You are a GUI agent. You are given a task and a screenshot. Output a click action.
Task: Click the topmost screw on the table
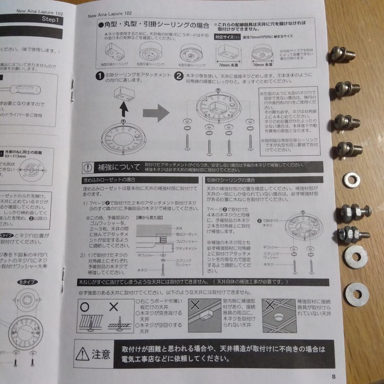tap(342, 55)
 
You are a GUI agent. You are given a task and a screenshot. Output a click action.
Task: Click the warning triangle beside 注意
tap(83, 353)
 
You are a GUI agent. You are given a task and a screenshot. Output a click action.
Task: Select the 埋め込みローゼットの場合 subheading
tap(107, 180)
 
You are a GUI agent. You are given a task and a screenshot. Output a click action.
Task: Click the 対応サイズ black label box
tap(224, 36)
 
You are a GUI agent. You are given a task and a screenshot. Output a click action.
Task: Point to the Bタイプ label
tap(26, 282)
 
